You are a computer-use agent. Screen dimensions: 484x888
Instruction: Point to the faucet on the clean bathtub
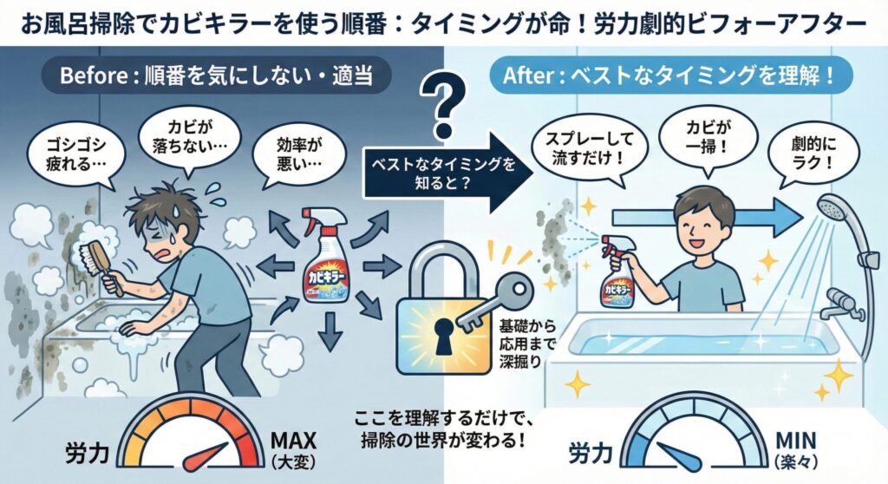pos(837,304)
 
